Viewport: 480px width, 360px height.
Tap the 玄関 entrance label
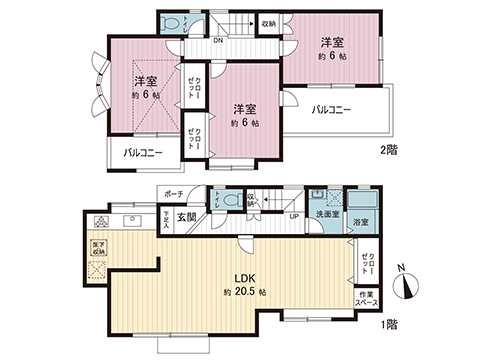[187, 217]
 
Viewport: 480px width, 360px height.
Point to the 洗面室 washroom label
[326, 214]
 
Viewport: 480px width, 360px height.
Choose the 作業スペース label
[367, 297]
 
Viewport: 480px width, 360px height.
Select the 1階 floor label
[389, 324]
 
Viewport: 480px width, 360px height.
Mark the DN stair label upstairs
[218, 41]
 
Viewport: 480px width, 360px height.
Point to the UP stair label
[293, 216]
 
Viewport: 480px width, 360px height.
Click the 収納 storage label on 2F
[268, 22]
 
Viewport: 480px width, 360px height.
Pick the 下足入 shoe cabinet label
[164, 217]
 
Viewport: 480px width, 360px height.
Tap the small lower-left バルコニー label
[143, 153]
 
